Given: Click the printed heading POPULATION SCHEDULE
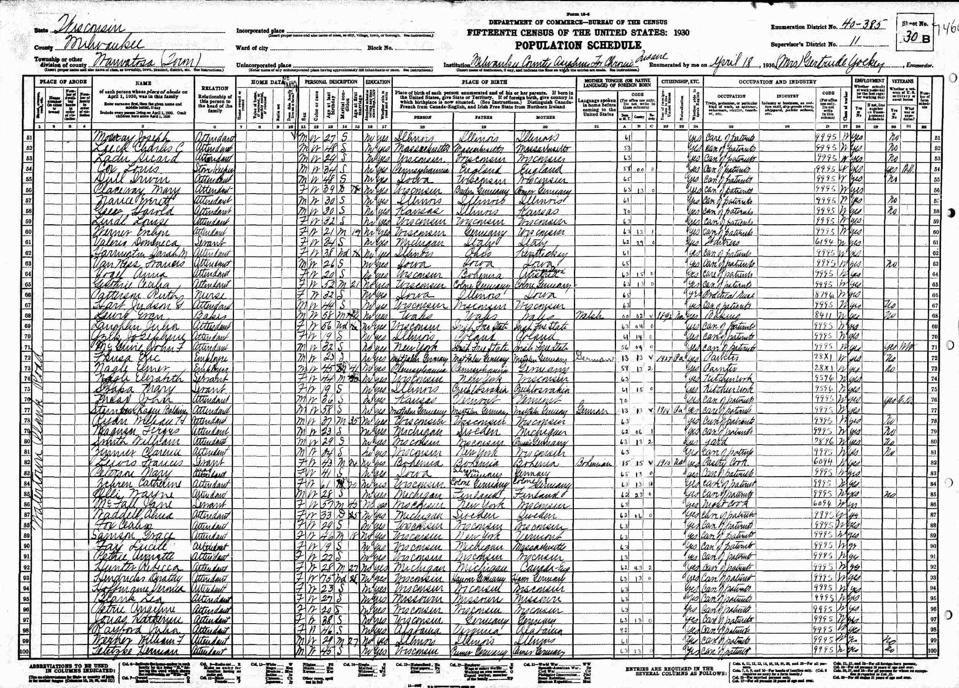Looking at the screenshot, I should click(x=577, y=45).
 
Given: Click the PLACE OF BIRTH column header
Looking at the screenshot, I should click(x=484, y=82).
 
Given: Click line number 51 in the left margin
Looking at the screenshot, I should click(x=29, y=138).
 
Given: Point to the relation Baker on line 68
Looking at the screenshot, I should click(x=208, y=316).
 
